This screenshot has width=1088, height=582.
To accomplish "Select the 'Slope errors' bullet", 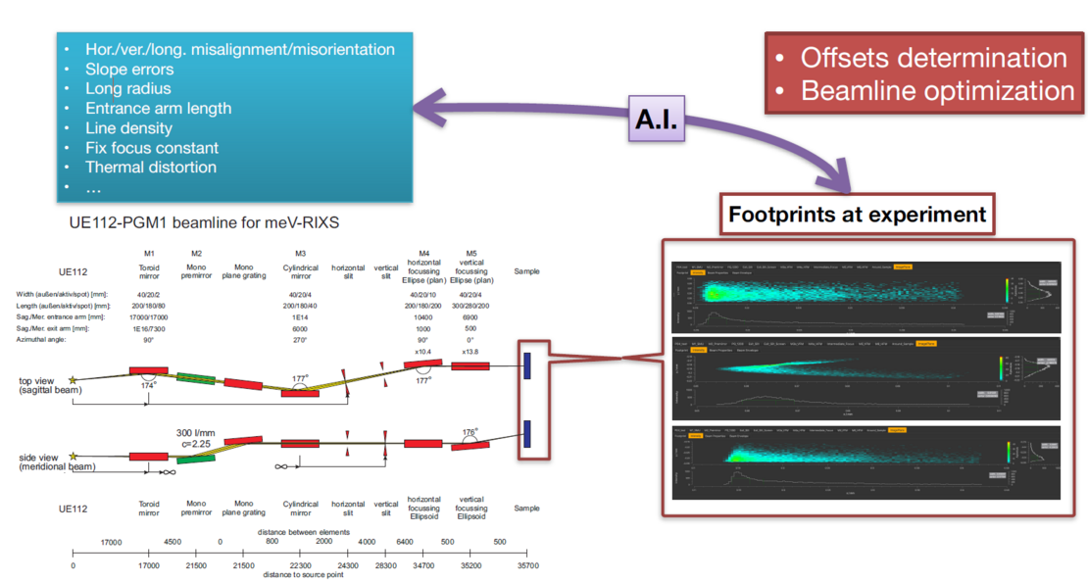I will tap(129, 70).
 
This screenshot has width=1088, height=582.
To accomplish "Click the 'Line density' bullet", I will tap(128, 128).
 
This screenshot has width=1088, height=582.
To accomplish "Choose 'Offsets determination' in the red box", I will tap(933, 58).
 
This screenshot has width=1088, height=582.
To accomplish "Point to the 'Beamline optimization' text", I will tap(937, 90).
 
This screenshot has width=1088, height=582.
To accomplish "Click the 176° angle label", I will tap(471, 430).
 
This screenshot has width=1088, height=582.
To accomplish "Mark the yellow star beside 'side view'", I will tap(72, 456).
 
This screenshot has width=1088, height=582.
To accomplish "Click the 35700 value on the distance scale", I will tap(527, 565).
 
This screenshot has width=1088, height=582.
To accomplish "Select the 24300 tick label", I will tap(348, 565).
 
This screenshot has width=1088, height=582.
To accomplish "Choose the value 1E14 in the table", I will tap(300, 316).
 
